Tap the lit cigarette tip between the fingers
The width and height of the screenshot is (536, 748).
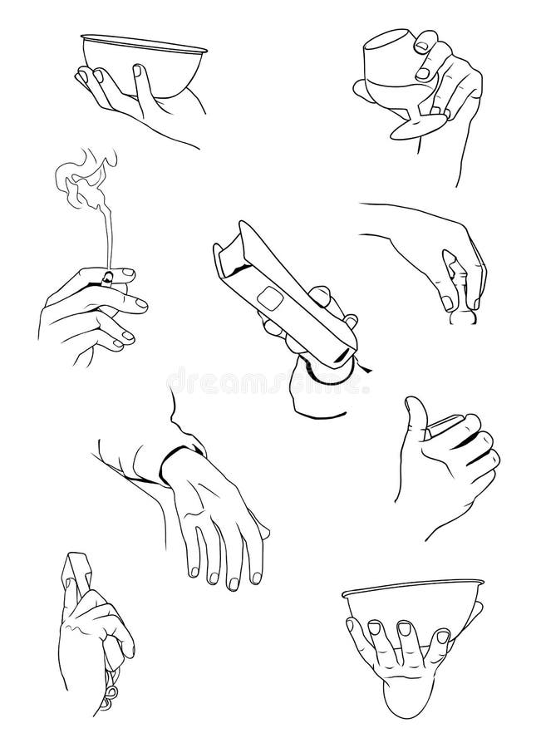click(x=107, y=276)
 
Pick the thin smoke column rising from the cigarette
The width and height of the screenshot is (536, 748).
click(x=106, y=233)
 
